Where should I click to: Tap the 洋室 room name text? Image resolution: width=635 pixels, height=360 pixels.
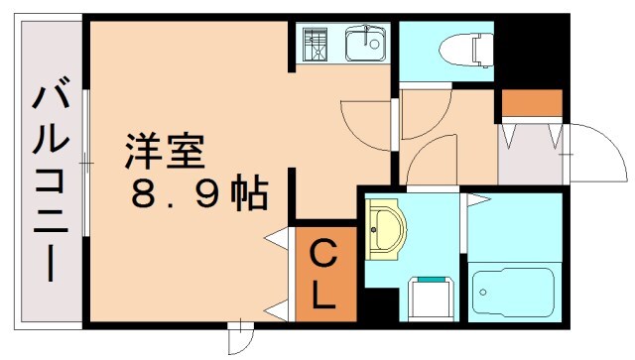click(x=164, y=152)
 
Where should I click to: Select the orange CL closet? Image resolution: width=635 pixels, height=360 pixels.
click(x=324, y=275)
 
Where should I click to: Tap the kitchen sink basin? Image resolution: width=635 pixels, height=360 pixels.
click(x=365, y=44)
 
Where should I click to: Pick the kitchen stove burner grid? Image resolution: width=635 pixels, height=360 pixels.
click(x=317, y=45)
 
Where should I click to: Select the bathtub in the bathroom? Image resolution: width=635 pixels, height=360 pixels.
click(x=515, y=290)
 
